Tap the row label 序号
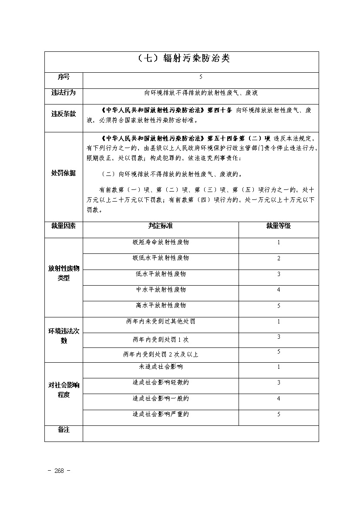pyautogui.click(x=64, y=77)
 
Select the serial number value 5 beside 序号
pyautogui.click(x=201, y=77)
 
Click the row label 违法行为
pyautogui.click(x=64, y=93)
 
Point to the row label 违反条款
pyautogui.click(x=64, y=114)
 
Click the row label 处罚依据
pyautogui.click(x=64, y=173)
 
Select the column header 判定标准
pyautogui.click(x=161, y=226)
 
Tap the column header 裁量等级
pyautogui.click(x=279, y=226)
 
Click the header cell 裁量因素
pyautogui.click(x=64, y=226)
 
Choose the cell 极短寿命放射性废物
pyautogui.click(x=161, y=242)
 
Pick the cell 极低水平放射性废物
pyautogui.click(x=161, y=258)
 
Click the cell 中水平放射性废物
pyautogui.click(x=161, y=290)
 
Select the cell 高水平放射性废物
pyautogui.click(x=161, y=306)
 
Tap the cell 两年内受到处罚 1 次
pyautogui.click(x=161, y=339)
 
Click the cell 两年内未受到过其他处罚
pyautogui.click(x=161, y=322)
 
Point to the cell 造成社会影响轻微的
pyautogui.click(x=161, y=383)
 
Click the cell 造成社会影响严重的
pyautogui.click(x=161, y=415)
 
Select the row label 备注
pyautogui.click(x=64, y=430)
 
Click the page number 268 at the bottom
pyautogui.click(x=59, y=471)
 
